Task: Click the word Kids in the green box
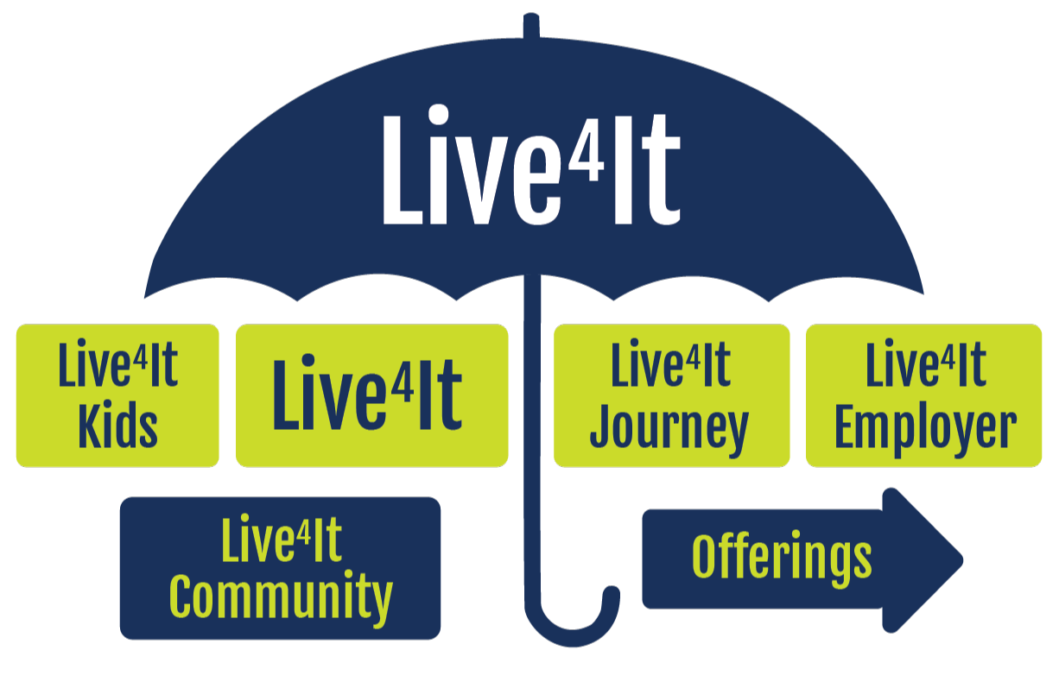coord(117,426)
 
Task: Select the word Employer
coord(925,426)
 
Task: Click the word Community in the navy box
coord(281,597)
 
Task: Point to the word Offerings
coord(782,559)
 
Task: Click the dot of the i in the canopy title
coord(440,115)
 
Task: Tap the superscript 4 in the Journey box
coord(693,354)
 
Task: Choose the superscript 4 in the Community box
coord(304,529)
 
